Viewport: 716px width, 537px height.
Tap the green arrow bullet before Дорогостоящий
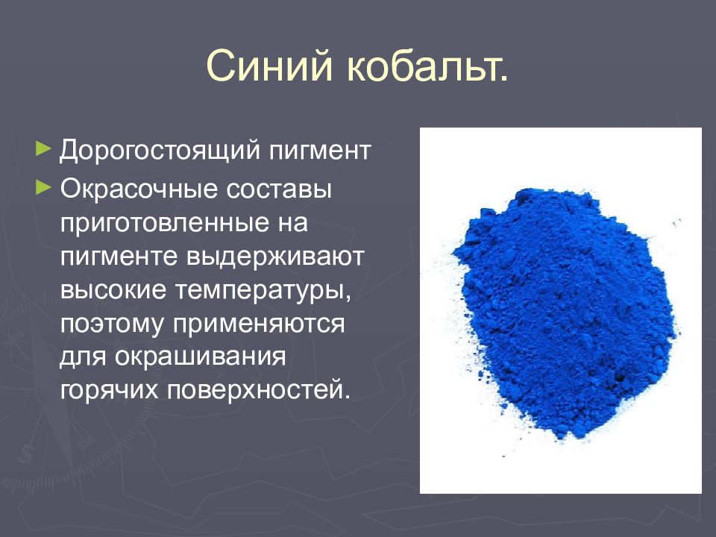click(x=44, y=147)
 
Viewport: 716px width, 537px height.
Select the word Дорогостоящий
click(x=159, y=151)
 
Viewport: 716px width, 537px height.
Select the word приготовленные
click(x=165, y=223)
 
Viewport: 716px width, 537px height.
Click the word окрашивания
click(x=201, y=357)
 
